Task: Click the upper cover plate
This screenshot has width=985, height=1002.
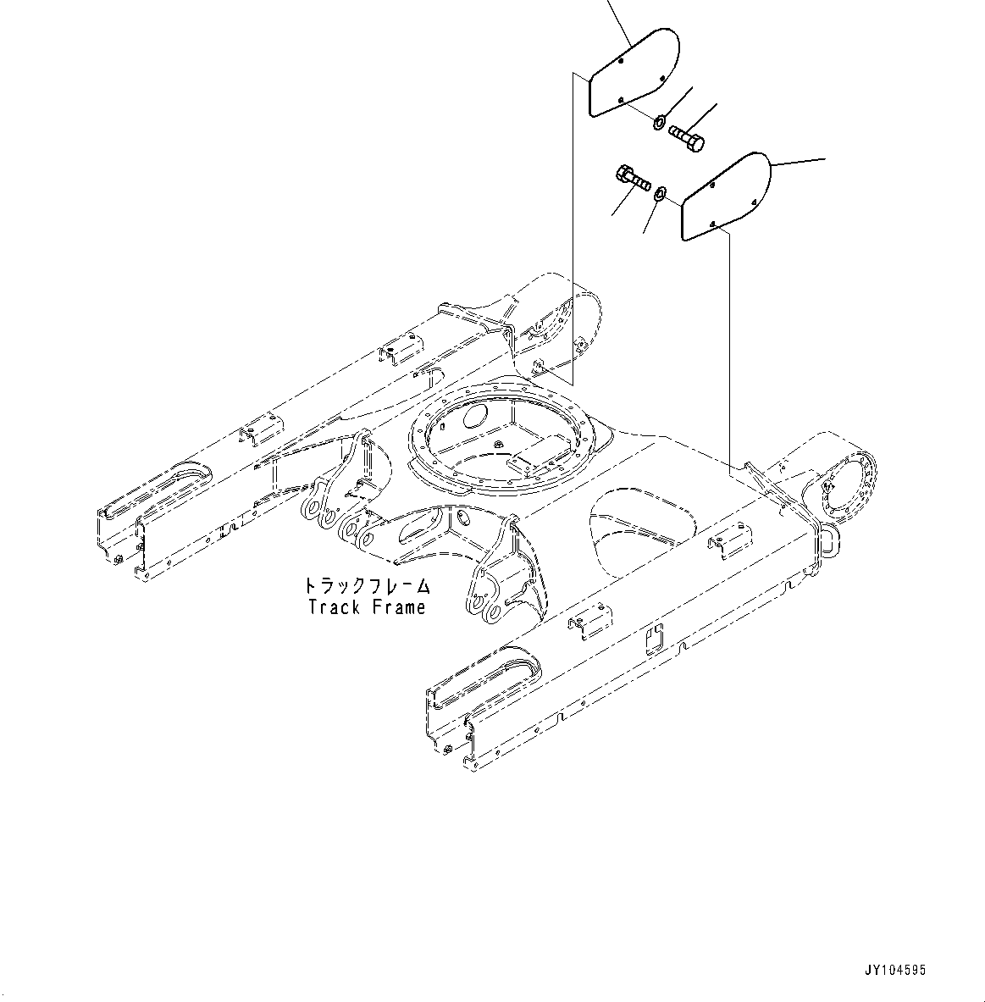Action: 633,72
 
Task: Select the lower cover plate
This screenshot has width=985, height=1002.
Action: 726,197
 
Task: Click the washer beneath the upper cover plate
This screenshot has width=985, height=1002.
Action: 659,121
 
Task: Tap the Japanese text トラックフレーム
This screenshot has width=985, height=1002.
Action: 366,585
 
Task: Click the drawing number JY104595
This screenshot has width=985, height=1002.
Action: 894,971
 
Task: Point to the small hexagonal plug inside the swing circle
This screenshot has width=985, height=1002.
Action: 497,443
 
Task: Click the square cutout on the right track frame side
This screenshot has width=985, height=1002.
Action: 655,641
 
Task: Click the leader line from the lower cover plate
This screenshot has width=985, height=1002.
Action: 800,163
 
